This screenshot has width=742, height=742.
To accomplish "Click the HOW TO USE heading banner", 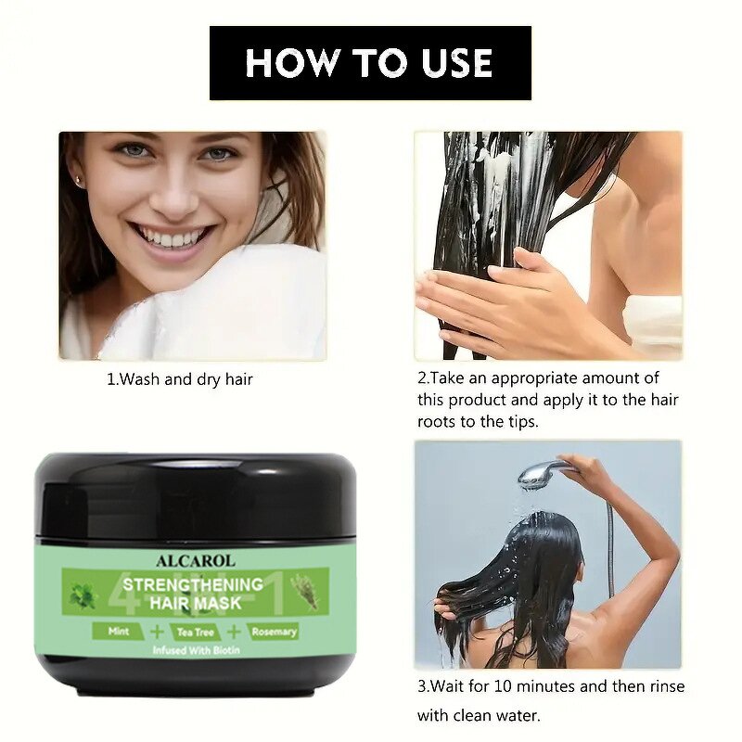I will click(x=370, y=63).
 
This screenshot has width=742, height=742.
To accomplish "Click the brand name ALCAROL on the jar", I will click(x=195, y=560).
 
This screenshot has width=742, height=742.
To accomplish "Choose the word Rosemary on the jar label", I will click(x=273, y=632).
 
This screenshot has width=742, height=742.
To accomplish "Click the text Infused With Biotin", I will click(x=195, y=650).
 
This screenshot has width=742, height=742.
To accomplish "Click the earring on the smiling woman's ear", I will click(x=80, y=182).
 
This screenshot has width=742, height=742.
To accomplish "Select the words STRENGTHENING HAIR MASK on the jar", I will click(x=194, y=594).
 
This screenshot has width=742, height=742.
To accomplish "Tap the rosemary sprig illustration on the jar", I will click(x=302, y=589).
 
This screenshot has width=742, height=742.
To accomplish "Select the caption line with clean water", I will click(x=478, y=715).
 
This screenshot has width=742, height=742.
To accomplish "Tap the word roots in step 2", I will click(x=437, y=421).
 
